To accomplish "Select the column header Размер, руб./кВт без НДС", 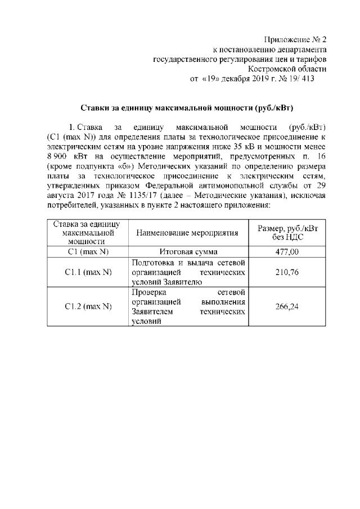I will [x=287, y=233].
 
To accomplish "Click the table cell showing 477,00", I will [x=287, y=252].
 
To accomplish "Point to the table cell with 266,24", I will [x=287, y=307].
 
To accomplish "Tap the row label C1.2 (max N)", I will [x=88, y=307].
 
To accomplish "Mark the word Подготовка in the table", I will [x=154, y=262].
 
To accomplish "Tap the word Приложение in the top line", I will [x=286, y=39].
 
